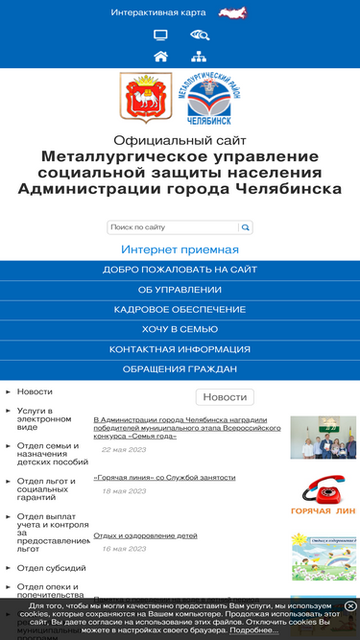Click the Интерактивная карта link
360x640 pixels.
pyautogui.click(x=158, y=12)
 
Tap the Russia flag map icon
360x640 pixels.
pyautogui.click(x=232, y=12)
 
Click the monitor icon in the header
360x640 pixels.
pyautogui.click(x=160, y=36)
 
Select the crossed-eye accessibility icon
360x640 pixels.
pyautogui.click(x=199, y=36)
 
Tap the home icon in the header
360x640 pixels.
pyautogui.click(x=160, y=56)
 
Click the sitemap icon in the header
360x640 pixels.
pyautogui.click(x=199, y=56)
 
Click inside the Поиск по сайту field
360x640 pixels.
pyautogui.click(x=173, y=227)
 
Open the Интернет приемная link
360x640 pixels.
pyautogui.click(x=180, y=249)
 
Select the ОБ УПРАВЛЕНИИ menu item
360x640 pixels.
pyautogui.click(x=180, y=290)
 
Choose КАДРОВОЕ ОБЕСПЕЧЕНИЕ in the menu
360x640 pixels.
pyautogui.click(x=180, y=310)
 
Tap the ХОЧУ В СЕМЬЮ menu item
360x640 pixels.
pyautogui.click(x=180, y=329)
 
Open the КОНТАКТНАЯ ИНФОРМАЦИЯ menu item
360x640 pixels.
pyautogui.click(x=180, y=349)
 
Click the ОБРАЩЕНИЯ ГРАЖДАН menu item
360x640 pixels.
pyautogui.click(x=180, y=369)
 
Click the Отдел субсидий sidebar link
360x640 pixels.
pyautogui.click(x=44, y=567)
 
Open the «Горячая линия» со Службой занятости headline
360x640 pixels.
pyautogui.click(x=164, y=477)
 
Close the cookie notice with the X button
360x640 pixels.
pyautogui.click(x=350, y=606)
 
